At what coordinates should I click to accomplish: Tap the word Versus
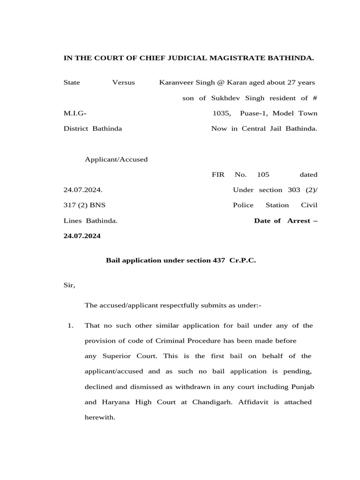123,82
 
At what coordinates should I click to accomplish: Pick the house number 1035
221,113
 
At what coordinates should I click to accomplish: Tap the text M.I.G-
75,113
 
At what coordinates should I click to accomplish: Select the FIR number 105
263,174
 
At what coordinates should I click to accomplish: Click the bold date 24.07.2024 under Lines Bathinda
82,236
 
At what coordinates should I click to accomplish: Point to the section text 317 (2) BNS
85,205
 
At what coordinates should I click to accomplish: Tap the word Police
243,205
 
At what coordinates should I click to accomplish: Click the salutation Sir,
69,285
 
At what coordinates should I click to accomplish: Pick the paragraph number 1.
70,325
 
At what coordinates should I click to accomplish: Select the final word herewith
99,417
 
